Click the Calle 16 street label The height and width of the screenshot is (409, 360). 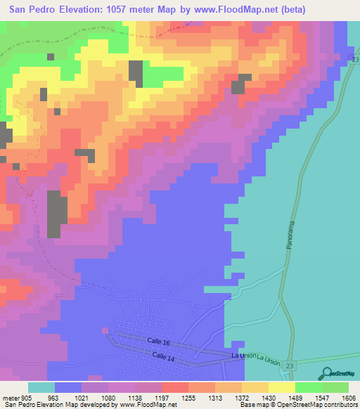tap(159, 341)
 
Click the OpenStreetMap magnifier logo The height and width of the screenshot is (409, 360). tap(326, 374)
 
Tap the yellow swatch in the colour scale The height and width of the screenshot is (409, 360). tap(281, 387)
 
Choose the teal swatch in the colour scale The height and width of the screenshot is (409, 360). tap(41, 387)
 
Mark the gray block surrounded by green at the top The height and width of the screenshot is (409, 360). tap(135, 74)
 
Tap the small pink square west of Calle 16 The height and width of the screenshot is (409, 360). tap(105, 330)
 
